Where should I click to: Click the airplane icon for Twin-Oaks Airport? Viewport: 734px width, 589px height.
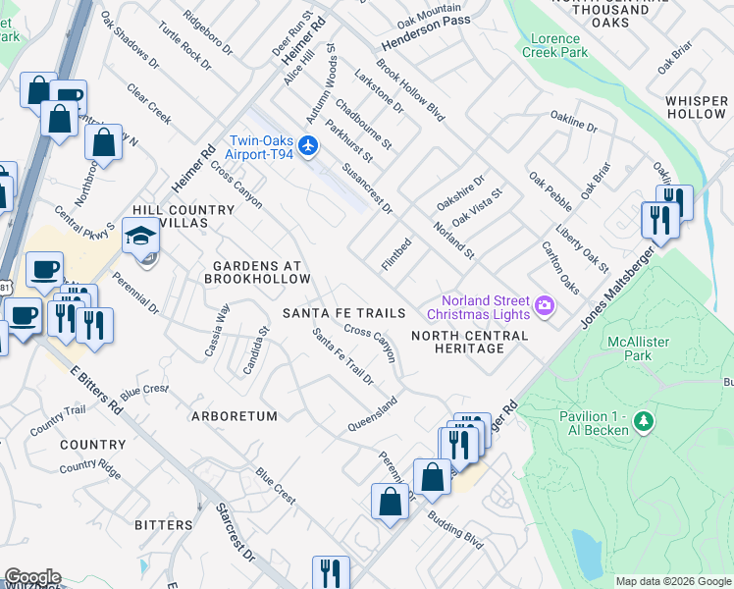click(x=309, y=146)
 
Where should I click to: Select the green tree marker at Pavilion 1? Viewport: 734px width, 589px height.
click(x=644, y=422)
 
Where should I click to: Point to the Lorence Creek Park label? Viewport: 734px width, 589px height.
click(x=558, y=45)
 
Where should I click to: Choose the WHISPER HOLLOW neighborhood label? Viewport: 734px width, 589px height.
click(x=696, y=107)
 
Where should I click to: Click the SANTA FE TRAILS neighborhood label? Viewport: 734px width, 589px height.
click(x=343, y=313)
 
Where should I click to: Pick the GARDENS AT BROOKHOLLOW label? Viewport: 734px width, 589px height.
click(x=256, y=272)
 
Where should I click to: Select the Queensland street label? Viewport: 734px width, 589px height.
click(x=373, y=415)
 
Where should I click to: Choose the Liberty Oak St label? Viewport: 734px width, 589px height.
click(x=582, y=250)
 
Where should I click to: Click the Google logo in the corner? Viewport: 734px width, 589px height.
click(x=32, y=577)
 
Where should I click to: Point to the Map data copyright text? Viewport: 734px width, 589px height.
click(x=673, y=581)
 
